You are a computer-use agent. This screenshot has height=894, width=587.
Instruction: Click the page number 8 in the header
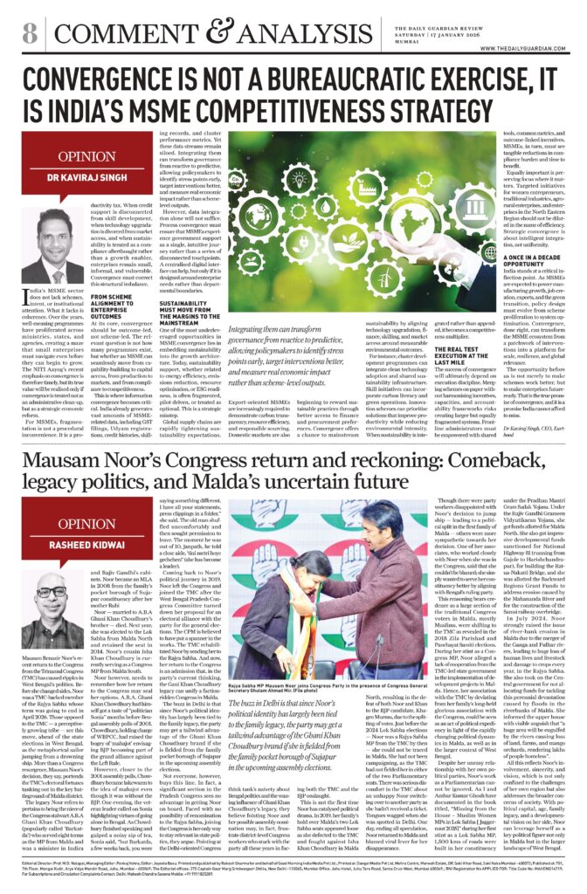(30, 33)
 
